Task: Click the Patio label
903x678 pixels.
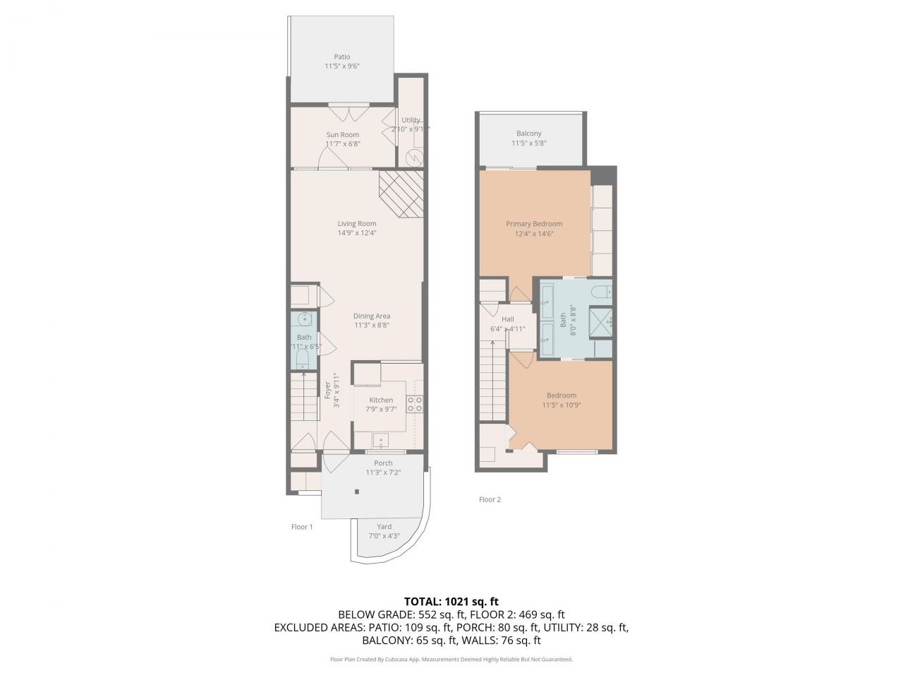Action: (x=341, y=57)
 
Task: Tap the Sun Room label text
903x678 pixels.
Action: (x=342, y=135)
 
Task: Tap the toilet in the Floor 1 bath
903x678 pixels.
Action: (x=301, y=361)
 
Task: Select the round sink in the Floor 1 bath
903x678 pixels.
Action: (x=304, y=319)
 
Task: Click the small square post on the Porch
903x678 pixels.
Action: (x=357, y=492)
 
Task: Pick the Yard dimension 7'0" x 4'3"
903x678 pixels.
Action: (x=384, y=536)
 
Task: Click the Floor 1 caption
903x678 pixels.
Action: (x=302, y=527)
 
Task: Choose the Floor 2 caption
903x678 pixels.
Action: (x=490, y=500)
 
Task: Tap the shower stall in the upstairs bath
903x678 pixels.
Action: (x=601, y=322)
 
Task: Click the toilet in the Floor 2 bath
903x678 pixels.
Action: (x=602, y=290)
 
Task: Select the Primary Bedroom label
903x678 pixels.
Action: (x=534, y=224)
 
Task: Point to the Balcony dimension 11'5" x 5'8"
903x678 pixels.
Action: (x=529, y=143)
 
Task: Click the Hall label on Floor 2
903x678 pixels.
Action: (x=507, y=319)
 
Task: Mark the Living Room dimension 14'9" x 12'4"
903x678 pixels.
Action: (x=356, y=233)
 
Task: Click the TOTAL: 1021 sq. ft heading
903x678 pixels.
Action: (x=451, y=602)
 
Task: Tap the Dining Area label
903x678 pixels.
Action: (x=372, y=316)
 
